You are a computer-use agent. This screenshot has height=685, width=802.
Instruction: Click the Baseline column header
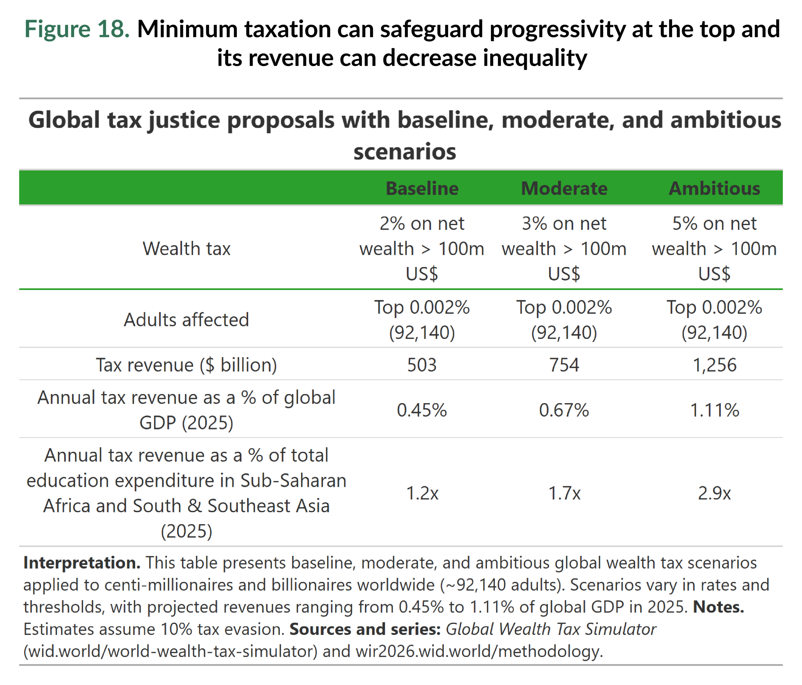[x=422, y=188]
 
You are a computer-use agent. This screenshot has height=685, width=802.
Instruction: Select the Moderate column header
[x=564, y=188]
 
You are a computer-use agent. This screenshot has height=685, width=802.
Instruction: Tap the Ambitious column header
[x=714, y=188]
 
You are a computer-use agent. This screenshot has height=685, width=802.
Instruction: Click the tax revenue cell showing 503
[x=422, y=365]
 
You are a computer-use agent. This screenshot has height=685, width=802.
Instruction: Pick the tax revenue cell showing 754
[x=564, y=365]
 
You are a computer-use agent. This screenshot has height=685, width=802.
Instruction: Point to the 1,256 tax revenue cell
[x=714, y=365]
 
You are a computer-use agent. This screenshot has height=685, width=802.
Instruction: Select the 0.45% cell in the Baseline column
[x=422, y=410]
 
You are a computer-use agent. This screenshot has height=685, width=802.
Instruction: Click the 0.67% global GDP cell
[x=564, y=410]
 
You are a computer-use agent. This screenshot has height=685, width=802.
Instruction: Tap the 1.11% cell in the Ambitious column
[x=714, y=410]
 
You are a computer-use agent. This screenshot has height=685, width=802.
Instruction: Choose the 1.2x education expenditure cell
[x=422, y=493]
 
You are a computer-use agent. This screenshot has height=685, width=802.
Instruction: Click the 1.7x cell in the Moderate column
[x=564, y=493]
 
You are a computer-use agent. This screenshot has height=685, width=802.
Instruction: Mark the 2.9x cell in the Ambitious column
[x=714, y=493]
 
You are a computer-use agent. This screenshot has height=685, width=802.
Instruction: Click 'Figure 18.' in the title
[x=77, y=29]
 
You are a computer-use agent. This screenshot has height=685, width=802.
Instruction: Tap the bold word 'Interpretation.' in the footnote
[x=82, y=562]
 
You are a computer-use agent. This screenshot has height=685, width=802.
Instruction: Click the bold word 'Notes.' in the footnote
[x=718, y=607]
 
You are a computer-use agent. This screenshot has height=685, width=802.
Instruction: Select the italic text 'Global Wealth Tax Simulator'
[x=550, y=629]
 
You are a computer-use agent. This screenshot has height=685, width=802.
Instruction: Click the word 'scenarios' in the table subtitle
[x=404, y=151]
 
